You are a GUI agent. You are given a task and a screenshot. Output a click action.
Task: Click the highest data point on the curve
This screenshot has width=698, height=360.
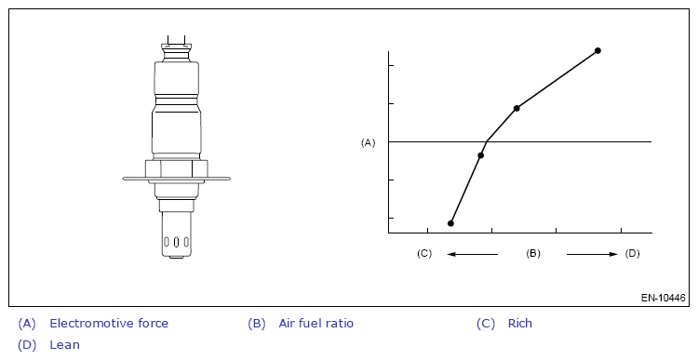[597, 51]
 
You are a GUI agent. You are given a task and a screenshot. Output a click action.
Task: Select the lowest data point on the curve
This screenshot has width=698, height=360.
[450, 223]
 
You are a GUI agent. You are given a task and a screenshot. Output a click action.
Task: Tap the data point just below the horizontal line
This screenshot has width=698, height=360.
[480, 155]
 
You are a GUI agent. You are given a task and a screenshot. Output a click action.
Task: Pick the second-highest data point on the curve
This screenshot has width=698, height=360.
[517, 108]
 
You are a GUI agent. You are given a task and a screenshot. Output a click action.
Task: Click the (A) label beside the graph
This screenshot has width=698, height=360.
[369, 142]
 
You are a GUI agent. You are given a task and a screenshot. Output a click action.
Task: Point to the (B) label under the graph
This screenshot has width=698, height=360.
[533, 253]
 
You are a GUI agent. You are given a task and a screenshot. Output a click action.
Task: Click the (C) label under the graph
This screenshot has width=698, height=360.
[424, 253]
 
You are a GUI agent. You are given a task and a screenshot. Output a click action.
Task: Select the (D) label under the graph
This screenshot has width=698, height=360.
[632, 253]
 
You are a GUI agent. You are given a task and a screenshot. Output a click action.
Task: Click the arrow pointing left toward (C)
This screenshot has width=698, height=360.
[472, 255]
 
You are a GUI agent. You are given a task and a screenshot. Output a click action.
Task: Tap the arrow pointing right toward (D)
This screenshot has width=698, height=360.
[592, 255]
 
